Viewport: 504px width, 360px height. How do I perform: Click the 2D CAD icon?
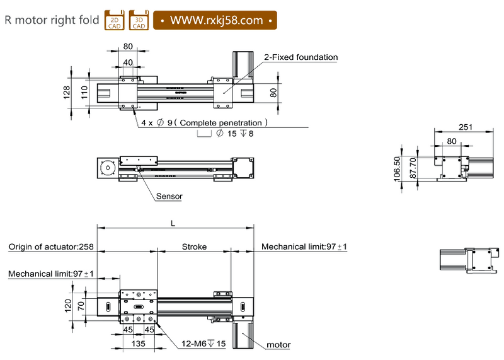[114, 20]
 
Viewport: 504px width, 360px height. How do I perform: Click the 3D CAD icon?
[139, 20]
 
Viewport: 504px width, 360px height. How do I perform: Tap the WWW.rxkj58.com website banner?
[215, 20]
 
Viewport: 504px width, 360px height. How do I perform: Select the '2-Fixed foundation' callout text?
[301, 57]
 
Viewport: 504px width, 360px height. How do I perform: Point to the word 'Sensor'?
[169, 196]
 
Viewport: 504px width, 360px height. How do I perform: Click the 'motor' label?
[278, 345]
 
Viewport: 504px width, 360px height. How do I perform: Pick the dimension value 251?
[465, 127]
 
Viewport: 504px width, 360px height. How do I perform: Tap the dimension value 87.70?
[413, 169]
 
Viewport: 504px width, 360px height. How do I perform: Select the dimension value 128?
[67, 93]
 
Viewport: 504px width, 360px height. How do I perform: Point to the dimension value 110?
[84, 93]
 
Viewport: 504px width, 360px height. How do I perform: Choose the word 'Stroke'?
[194, 247]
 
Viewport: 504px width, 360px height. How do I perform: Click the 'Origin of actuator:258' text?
[51, 247]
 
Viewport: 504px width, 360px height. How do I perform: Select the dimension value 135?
[139, 344]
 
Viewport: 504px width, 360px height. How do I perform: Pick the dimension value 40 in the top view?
[128, 62]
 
